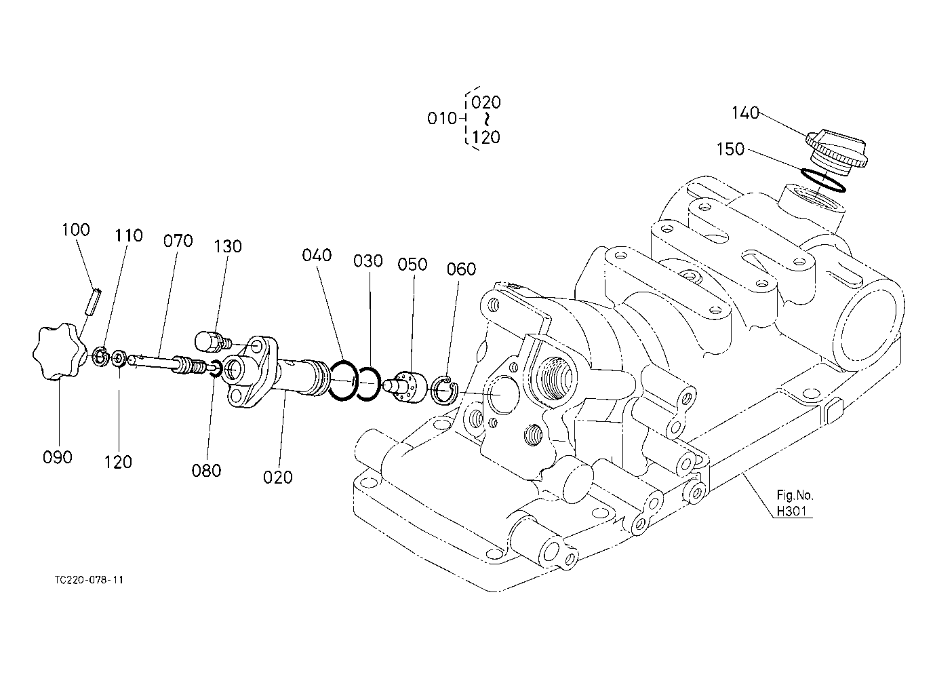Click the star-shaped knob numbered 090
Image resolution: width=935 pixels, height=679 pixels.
click(59, 351)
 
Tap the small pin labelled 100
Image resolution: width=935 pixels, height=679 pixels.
click(94, 301)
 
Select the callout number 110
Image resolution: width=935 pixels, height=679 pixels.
click(129, 235)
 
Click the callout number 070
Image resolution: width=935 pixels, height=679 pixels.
click(178, 241)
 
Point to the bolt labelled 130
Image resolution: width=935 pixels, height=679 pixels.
click(213, 341)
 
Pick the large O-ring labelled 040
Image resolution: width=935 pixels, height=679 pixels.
click(343, 381)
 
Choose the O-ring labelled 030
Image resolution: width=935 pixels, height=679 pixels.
click(369, 384)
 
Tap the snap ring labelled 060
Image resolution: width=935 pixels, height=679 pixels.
click(445, 390)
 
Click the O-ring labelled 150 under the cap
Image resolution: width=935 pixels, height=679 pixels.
click(822, 180)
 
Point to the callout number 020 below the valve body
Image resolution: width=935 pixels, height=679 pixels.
click(277, 478)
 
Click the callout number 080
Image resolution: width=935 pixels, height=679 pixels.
click(206, 471)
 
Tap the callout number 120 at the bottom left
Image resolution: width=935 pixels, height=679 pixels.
click(118, 462)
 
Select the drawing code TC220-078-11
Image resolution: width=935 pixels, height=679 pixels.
click(89, 580)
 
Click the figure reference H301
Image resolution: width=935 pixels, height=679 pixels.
click(791, 511)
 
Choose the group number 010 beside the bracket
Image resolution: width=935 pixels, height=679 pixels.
click(441, 119)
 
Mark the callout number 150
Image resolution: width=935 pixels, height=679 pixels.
click(730, 149)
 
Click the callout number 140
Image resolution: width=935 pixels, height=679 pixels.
click(746, 113)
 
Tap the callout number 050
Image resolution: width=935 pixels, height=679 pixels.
click(412, 265)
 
